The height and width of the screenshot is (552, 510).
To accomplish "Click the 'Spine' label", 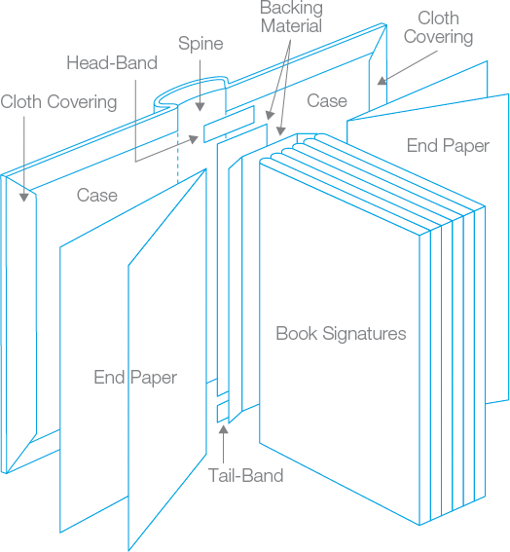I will pos(200,44).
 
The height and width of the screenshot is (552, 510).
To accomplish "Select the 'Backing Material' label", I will pos(291,18).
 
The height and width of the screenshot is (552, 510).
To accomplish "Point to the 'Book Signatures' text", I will pos(341,333).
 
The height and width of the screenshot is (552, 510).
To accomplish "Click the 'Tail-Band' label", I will pos(245,476).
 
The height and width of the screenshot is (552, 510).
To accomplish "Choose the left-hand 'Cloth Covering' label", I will pos(58,101).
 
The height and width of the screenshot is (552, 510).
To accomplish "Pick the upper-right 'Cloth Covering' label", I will pos(438,27).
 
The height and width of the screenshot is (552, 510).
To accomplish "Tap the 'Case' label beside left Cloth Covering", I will pos(97,195).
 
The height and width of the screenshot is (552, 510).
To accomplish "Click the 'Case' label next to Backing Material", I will pos(327,100).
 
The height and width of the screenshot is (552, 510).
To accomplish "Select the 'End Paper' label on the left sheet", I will pos(135,377).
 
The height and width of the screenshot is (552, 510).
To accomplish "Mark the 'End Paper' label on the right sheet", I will pos(448,146).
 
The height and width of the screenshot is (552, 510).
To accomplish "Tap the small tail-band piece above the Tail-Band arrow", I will pos(222,412).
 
